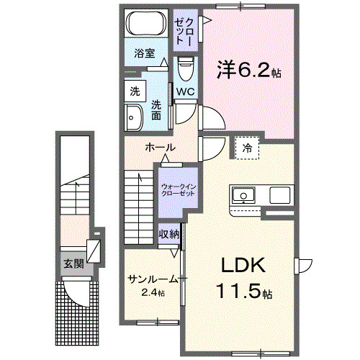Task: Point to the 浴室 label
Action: (145, 53)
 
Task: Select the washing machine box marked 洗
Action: (135, 91)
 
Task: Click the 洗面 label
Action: (156, 110)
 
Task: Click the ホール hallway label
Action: (160, 147)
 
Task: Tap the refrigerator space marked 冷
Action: (247, 147)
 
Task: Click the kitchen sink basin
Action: (242, 194)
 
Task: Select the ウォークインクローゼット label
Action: (178, 191)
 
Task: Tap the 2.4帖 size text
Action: (152, 293)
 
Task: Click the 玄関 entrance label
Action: (73, 264)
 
